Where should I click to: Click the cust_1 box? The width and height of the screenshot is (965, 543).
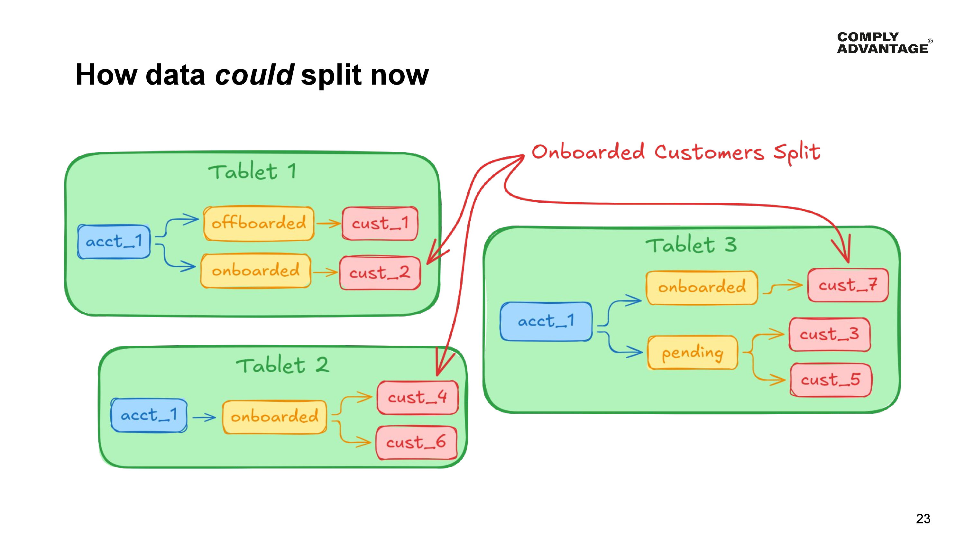point(380,223)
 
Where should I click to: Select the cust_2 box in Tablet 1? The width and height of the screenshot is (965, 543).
point(380,272)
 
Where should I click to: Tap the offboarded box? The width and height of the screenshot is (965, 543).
point(259,223)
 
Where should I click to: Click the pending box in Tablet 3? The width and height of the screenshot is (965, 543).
point(692,353)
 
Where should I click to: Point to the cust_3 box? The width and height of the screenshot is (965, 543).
point(829,334)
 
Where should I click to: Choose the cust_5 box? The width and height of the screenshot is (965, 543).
point(831,380)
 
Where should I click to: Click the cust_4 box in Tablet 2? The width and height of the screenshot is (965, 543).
point(417,397)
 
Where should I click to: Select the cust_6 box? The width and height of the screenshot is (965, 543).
point(416,443)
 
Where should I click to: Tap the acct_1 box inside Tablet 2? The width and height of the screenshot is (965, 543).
point(149,415)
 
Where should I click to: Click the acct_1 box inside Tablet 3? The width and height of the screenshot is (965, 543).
point(546,321)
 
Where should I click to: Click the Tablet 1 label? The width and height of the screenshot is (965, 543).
point(252,172)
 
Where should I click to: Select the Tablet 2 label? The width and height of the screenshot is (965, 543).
point(282,365)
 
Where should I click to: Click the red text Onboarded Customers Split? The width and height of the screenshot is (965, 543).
point(675,152)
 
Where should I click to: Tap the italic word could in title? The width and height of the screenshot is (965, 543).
point(254,75)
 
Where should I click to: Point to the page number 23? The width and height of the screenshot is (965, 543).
point(923,519)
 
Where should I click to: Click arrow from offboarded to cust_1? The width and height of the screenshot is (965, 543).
point(328,224)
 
